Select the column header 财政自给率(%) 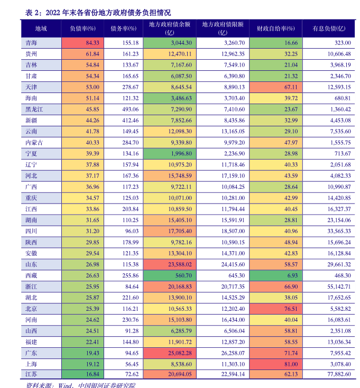pos(275,29)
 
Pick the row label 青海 pos(31,42)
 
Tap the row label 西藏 pos(31,275)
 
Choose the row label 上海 pos(31,364)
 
